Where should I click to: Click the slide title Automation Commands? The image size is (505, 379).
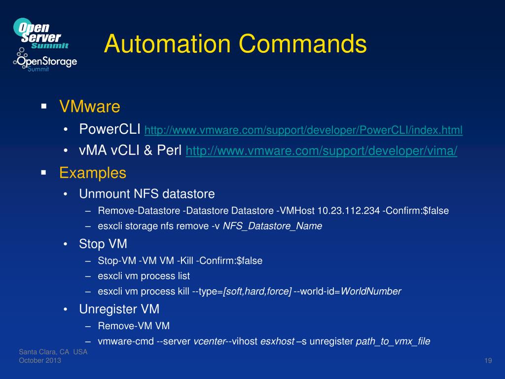[x=235, y=44]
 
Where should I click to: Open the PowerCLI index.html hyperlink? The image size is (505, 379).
[x=303, y=130]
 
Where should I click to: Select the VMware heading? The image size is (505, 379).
[x=90, y=107]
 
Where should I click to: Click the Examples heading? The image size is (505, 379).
[x=93, y=173]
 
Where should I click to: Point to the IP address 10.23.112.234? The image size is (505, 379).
[x=349, y=211]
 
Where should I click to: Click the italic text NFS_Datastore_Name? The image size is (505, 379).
[x=273, y=226]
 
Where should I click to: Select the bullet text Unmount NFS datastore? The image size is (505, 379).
[x=147, y=193]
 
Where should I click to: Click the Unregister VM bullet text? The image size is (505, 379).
[x=119, y=309]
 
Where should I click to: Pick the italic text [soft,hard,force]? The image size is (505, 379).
[x=257, y=291]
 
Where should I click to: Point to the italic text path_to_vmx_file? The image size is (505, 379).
[x=393, y=341]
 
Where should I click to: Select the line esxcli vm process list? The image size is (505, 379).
[x=144, y=276]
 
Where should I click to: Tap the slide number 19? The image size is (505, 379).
[x=488, y=361]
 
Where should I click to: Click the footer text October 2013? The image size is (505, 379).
[x=40, y=361]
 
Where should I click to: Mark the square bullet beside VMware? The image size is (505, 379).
[x=43, y=106]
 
